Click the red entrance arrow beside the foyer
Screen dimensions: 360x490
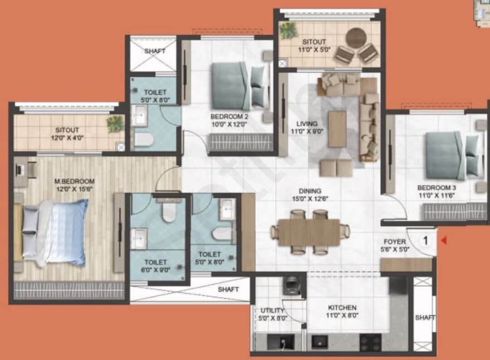point(444,241)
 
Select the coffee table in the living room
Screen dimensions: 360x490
point(337,129)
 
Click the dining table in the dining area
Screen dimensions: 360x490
point(309,232)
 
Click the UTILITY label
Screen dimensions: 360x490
point(272,311)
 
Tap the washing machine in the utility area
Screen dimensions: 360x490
point(291,286)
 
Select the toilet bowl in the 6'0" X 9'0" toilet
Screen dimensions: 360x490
point(169,212)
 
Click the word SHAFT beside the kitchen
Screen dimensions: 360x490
point(425,318)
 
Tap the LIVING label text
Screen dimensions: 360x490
point(307,123)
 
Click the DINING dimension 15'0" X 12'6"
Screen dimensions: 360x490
point(310,198)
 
